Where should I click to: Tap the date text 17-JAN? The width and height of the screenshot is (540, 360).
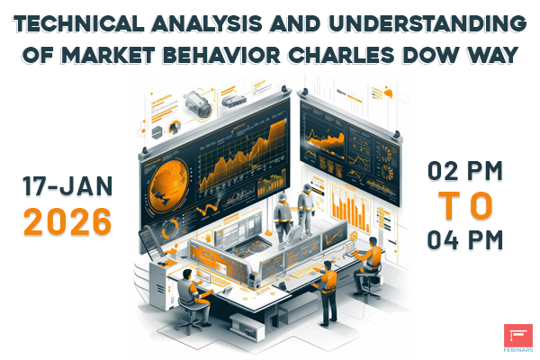(67, 186)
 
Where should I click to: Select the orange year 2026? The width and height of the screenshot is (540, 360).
(67, 220)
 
